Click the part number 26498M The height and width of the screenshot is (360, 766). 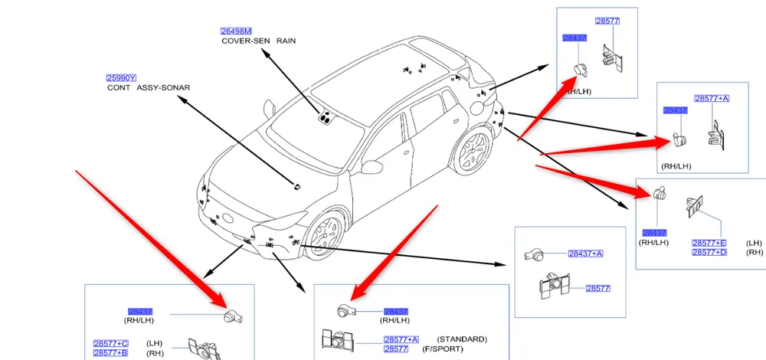tap(236, 31)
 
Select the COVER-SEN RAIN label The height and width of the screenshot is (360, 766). tap(258, 41)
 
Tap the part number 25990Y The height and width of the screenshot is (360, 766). tap(121, 78)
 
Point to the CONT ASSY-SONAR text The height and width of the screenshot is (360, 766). tap(149, 88)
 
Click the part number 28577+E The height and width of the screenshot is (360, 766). tap(709, 243)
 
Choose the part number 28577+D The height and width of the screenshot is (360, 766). tap(709, 253)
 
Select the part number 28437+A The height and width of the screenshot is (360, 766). tap(586, 254)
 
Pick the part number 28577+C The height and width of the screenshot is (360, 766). tap(110, 344)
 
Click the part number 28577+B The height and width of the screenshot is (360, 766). tap(110, 353)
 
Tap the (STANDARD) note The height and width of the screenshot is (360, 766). tap(461, 339)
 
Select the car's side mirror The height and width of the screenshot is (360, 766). tap(374, 165)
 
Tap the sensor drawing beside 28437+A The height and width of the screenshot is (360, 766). tap(534, 254)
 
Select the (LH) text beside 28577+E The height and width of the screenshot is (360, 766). tap(754, 243)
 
